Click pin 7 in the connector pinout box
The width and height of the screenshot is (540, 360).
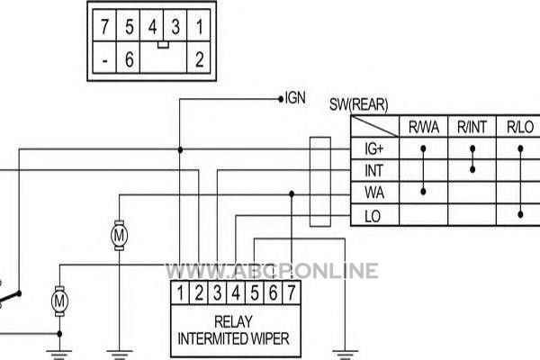coord(104,26)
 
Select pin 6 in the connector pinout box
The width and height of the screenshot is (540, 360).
coord(129,59)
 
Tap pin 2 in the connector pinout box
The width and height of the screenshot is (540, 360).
coord(200,59)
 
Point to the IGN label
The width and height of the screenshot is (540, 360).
coord(295,98)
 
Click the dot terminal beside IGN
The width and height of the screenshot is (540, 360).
coord(281,99)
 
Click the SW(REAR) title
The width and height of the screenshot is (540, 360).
coord(358,104)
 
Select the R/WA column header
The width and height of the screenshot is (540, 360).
coord(424,127)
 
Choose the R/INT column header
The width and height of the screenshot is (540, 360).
coord(472,127)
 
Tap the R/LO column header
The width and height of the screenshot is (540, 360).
coord(520,127)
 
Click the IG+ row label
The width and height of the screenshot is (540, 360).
coord(373,148)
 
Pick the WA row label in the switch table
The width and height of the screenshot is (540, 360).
coord(374,193)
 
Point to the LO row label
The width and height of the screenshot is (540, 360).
coord(373,216)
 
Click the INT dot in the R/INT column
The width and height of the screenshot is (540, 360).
coord(472,169)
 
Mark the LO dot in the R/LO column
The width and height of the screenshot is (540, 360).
coord(520,214)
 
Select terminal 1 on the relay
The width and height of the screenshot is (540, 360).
coord(180,292)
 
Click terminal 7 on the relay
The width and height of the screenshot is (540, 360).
coord(292,292)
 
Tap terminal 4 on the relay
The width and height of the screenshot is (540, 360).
coord(236,292)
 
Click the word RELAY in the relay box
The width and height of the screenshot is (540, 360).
coord(233,322)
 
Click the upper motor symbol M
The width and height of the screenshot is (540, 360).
coord(119,236)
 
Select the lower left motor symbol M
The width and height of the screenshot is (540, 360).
coord(59,301)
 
